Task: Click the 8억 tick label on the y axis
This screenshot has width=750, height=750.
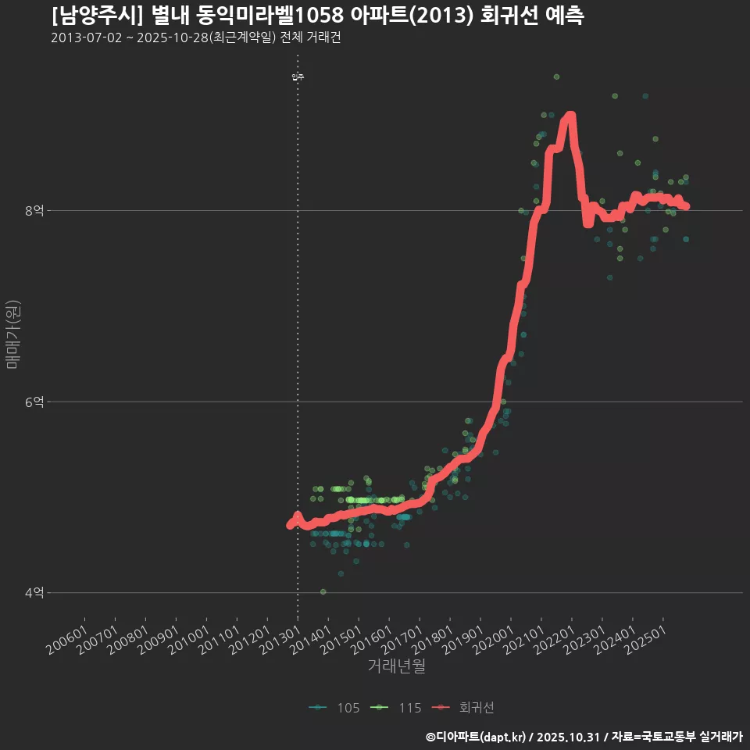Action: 34,210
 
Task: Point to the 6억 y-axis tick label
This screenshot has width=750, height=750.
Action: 34,402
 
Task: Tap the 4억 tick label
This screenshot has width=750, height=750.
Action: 34,593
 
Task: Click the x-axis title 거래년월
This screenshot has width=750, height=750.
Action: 397,666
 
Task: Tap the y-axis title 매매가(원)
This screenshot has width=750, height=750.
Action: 13,334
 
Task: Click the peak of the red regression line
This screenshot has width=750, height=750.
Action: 570,116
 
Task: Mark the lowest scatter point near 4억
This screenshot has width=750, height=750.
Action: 323,591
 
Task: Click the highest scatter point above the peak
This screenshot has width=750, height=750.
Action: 556,77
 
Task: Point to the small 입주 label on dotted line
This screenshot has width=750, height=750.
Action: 298,77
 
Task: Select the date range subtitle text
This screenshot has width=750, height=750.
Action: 195,38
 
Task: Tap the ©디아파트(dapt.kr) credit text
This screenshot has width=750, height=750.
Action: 477,737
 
